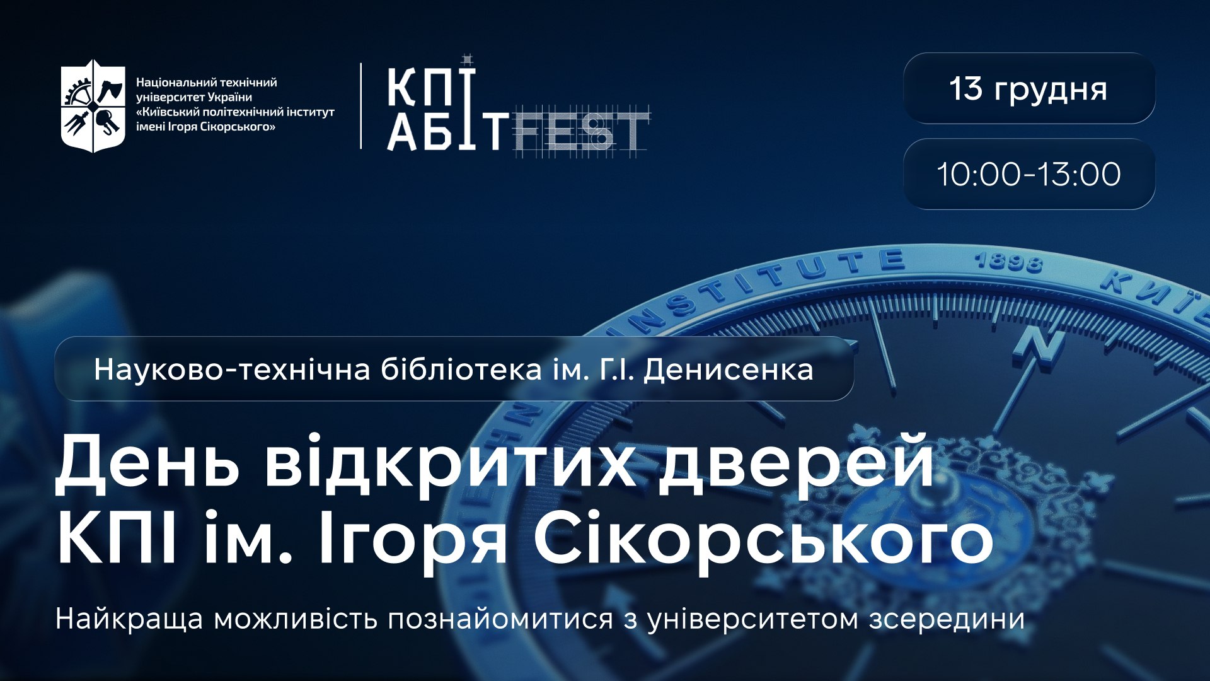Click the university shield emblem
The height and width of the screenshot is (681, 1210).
[93, 106]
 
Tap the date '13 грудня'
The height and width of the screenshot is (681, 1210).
[1028, 89]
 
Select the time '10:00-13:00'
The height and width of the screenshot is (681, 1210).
[1028, 174]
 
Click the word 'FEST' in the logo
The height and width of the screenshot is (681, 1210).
[580, 133]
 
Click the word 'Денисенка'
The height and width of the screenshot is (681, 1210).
[728, 370]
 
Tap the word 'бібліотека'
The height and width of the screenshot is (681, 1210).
[461, 370]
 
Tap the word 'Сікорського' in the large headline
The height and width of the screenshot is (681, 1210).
[763, 541]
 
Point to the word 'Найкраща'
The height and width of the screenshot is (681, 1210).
[129, 619]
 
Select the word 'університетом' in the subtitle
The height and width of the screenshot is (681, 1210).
[753, 619]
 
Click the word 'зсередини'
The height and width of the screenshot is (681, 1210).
[947, 619]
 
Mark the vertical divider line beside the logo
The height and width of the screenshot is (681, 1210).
[361, 106]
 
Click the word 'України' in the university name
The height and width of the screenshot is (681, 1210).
[231, 97]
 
